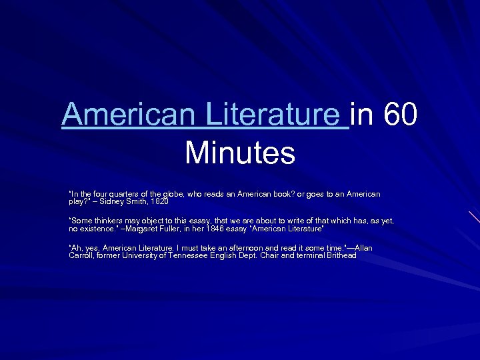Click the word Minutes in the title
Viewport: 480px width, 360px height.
coord(240,152)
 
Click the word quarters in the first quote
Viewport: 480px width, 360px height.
coord(116,194)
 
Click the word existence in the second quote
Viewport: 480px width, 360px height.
coord(96,229)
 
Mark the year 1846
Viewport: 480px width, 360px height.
coord(217,229)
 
